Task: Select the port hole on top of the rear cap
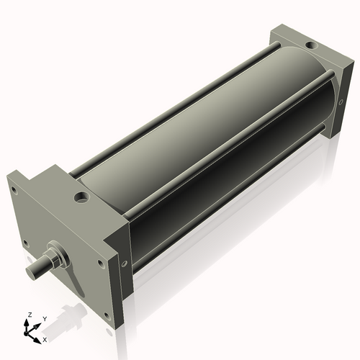[310, 45]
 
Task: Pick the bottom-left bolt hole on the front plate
[26, 243]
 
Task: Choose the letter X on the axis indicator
[45, 338]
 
